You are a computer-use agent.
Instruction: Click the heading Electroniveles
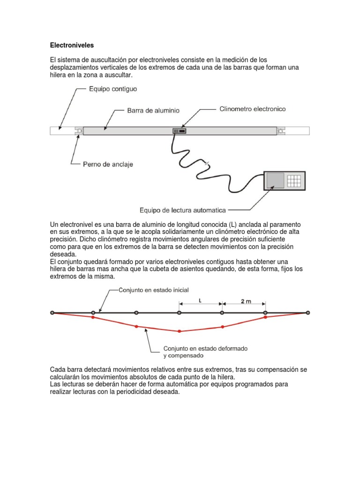72,45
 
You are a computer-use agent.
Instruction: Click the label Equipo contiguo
113,88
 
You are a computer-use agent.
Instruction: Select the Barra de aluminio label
153,111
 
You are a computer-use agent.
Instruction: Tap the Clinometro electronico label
253,109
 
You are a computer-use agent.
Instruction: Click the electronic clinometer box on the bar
179,131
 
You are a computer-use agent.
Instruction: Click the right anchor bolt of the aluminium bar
281,131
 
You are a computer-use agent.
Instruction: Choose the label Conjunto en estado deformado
205,349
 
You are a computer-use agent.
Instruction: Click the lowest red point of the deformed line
179,331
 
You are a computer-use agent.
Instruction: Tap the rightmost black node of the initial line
308,312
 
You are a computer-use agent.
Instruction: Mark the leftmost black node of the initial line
52,312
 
